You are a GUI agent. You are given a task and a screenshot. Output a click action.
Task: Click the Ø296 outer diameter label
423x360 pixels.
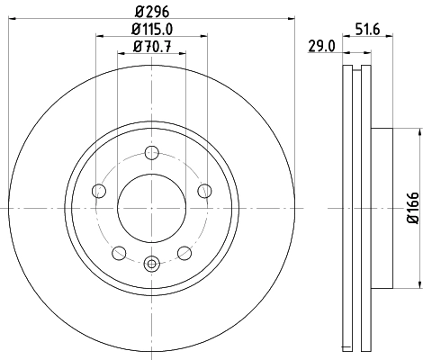click(151, 12)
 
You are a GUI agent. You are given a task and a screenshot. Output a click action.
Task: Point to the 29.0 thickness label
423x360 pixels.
click(321, 46)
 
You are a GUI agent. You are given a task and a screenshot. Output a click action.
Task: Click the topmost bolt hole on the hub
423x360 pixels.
click(151, 151)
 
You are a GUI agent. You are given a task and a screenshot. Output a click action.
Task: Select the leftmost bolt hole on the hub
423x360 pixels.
click(98, 190)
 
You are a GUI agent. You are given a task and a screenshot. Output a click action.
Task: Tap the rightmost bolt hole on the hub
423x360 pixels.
click(204, 190)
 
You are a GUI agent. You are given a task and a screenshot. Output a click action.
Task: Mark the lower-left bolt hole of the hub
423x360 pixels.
click(119, 252)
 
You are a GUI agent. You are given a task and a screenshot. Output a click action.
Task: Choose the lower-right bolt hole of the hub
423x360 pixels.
click(184, 252)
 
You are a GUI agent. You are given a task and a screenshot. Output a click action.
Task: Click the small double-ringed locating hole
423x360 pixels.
click(151, 264)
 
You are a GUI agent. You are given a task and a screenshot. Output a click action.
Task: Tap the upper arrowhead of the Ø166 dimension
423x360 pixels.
click(420, 131)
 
